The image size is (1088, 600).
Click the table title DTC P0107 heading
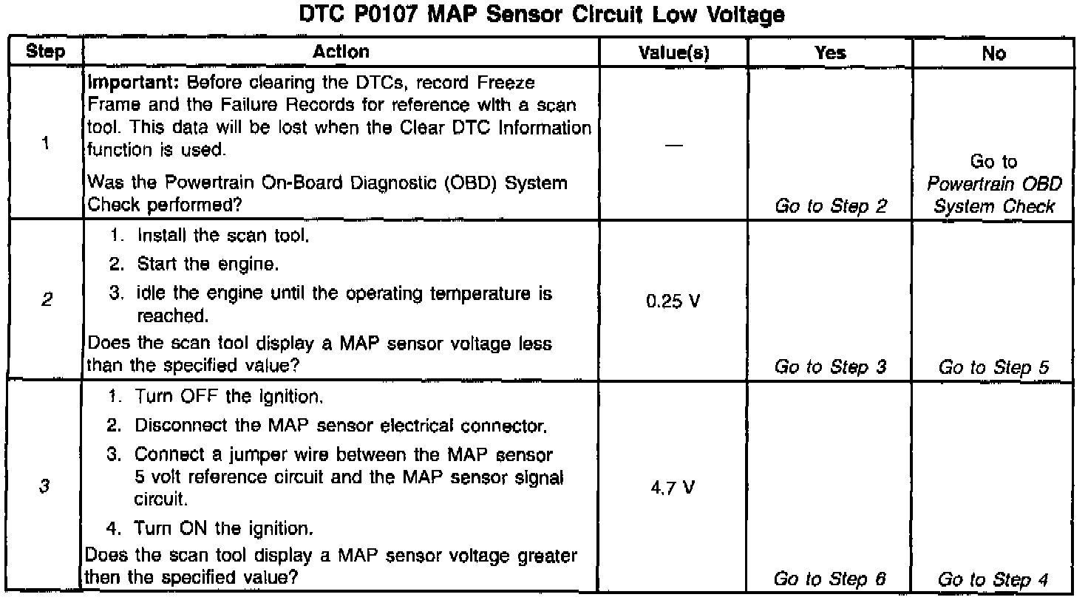coord(543,14)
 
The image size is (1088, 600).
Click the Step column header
coord(44,52)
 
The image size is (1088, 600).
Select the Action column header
coord(341,52)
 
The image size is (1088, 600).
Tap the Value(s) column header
coord(673,53)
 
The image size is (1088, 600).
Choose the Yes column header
coord(830,53)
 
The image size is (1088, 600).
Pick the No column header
coord(993,53)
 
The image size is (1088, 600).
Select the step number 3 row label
coord(45,487)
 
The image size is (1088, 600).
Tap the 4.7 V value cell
coord(672,488)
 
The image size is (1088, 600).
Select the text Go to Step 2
coord(831,207)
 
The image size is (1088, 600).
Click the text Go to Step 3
coord(831,367)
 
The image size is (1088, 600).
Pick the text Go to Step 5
coord(994,367)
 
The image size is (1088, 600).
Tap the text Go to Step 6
coord(831,580)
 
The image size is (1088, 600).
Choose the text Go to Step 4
coord(994,580)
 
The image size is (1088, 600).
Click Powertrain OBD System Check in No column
coord(994,195)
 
